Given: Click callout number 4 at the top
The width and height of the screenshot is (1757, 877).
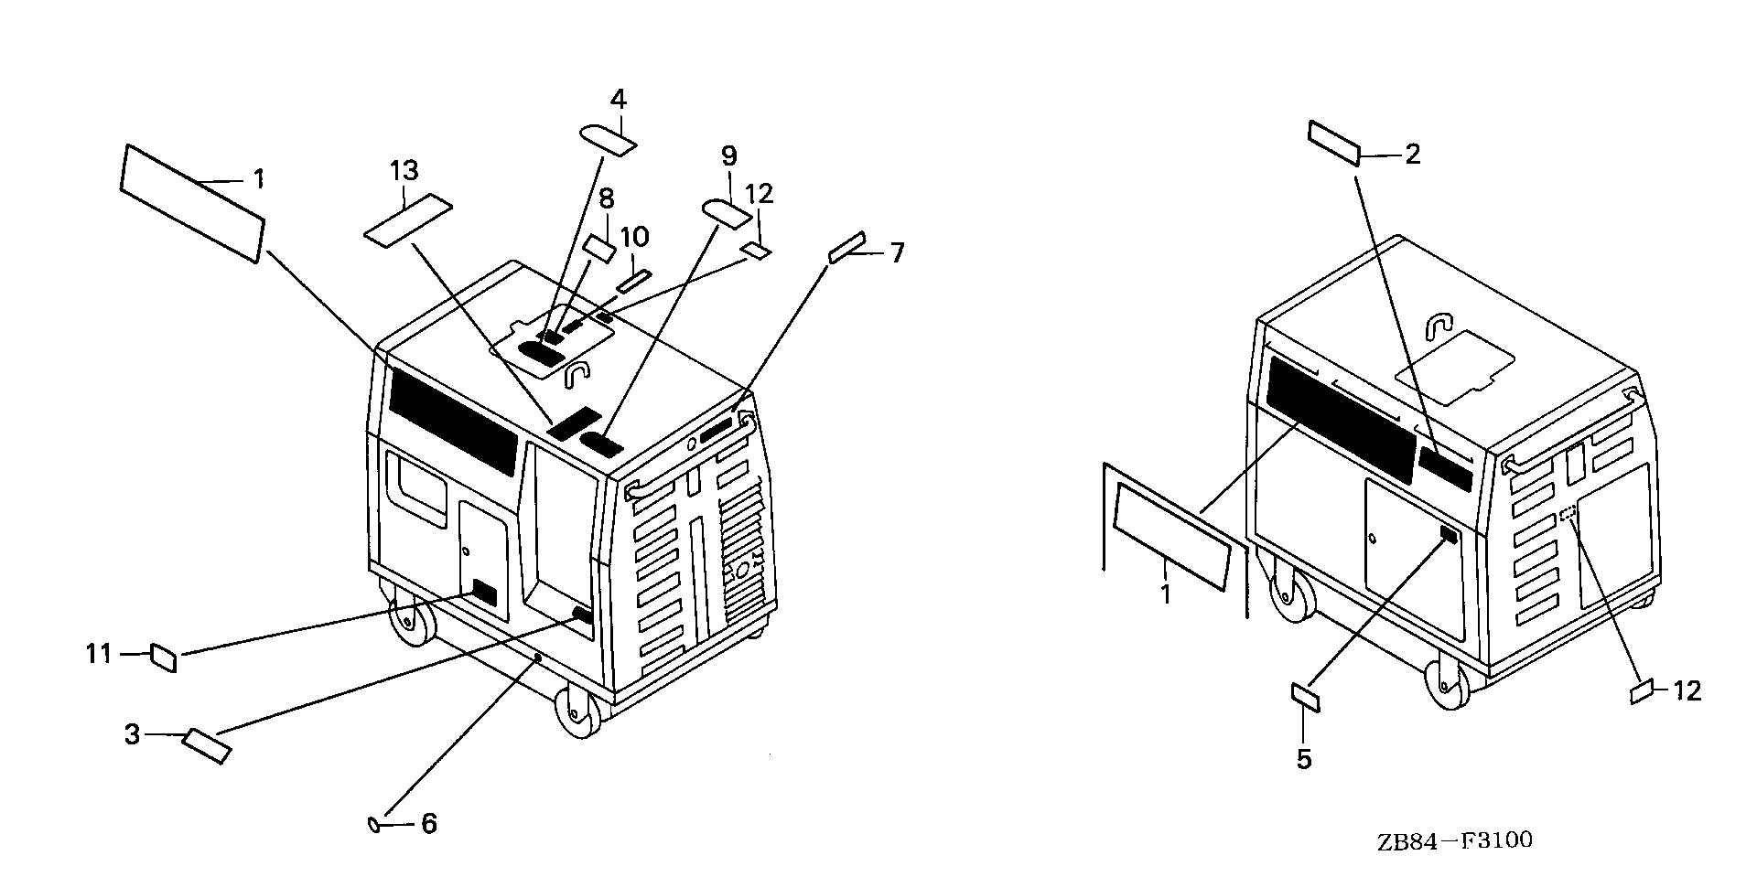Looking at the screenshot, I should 619,99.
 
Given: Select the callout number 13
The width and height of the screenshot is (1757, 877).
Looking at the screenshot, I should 404,170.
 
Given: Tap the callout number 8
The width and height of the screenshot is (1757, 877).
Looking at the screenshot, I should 606,198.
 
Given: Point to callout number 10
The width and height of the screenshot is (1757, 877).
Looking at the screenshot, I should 634,237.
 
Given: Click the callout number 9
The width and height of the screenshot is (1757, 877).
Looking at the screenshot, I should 728,156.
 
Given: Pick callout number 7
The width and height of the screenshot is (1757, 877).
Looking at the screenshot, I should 898,251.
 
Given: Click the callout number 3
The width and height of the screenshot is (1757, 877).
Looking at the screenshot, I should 133,733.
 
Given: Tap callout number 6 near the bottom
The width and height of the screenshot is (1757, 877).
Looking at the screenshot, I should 428,824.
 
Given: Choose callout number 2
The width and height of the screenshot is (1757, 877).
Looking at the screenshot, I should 1413,155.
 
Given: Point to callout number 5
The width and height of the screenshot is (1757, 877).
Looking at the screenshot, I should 1304,758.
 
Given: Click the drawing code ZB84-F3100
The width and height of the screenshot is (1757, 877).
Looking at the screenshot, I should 1454,840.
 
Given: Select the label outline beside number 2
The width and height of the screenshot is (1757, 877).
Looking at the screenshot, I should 1334,143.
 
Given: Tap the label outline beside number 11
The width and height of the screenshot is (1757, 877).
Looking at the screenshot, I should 164,656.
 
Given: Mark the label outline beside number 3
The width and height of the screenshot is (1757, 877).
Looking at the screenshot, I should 207,745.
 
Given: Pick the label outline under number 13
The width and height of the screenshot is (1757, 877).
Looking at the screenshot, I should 408,220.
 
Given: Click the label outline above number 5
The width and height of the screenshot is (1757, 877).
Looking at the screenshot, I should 1305,697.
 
